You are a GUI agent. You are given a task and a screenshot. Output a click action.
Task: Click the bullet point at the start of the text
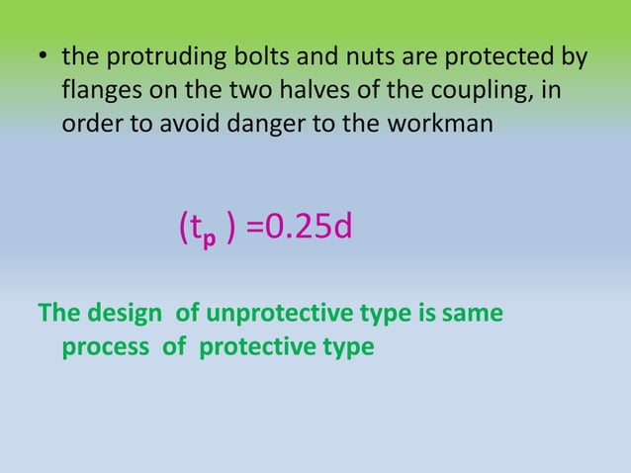(45, 58)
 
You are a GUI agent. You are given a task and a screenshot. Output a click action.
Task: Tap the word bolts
(250, 58)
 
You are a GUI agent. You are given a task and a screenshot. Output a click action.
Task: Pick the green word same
(474, 314)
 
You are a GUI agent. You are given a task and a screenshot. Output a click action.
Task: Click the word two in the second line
(248, 92)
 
